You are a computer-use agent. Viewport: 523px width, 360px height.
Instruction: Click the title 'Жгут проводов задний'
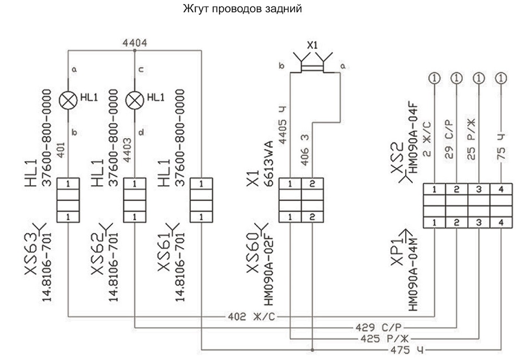[243, 9]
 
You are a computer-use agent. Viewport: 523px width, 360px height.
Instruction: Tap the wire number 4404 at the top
[135, 43]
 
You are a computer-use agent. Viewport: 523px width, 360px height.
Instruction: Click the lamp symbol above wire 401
[68, 100]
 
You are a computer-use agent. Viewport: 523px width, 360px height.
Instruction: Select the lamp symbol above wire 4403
[134, 100]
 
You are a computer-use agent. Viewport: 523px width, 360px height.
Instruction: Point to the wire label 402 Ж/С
[252, 316]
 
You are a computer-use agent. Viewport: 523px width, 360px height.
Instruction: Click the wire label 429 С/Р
[378, 328]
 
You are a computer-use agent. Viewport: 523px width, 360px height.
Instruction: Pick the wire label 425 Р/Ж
[384, 339]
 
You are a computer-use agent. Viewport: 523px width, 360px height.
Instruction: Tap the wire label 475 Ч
[407, 350]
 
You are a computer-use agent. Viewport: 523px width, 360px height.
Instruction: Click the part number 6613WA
[269, 163]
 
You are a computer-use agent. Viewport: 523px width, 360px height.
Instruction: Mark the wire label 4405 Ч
[282, 125]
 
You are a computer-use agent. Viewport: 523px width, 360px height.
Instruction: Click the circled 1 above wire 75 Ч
[501, 78]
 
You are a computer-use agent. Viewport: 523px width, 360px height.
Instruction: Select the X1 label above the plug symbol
[313, 45]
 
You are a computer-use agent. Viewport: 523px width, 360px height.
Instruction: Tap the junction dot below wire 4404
[134, 51]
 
